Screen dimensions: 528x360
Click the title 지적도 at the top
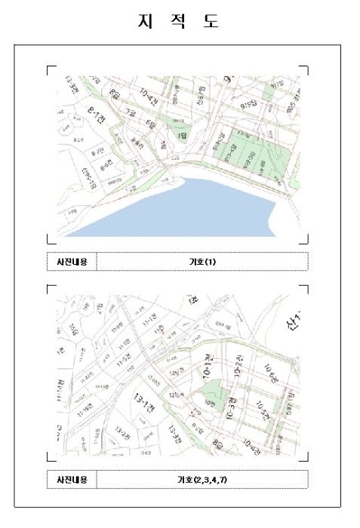(x=179, y=21)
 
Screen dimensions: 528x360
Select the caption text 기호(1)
(x=202, y=262)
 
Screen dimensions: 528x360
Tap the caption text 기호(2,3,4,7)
(x=202, y=480)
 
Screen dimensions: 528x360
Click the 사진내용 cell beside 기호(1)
(x=72, y=262)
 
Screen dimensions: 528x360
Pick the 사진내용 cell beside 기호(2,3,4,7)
(x=72, y=480)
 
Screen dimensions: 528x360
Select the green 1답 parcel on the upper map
(x=182, y=134)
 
